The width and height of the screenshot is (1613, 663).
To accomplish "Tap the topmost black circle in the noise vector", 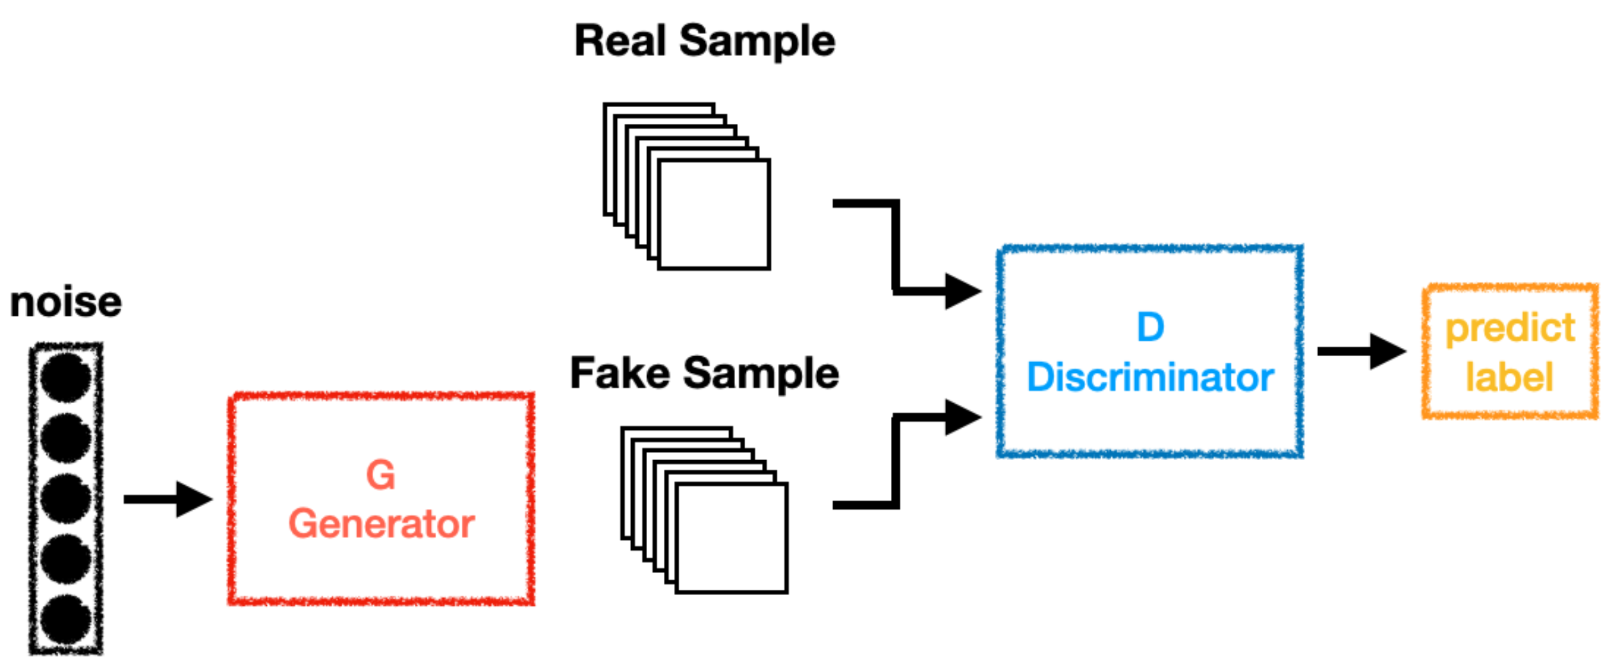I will (x=65, y=377).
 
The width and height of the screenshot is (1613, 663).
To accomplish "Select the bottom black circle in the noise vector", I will (x=65, y=620).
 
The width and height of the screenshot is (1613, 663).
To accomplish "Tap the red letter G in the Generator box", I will (x=380, y=475).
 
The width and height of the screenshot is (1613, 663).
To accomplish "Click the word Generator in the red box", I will (x=382, y=524).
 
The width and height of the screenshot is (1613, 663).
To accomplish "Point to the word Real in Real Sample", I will (x=620, y=41).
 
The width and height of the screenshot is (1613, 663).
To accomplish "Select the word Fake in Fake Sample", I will (x=620, y=374).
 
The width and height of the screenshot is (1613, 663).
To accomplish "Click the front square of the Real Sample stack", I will (x=714, y=214).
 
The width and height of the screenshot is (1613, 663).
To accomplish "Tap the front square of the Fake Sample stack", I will (x=732, y=538).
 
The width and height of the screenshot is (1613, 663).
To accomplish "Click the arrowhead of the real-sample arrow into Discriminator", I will (x=962, y=291).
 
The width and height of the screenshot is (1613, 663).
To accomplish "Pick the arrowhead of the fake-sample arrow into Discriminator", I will (x=962, y=418).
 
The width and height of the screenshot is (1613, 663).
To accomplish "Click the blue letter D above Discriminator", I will (x=1151, y=327).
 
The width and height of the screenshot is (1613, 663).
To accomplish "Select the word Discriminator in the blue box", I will (x=1151, y=377).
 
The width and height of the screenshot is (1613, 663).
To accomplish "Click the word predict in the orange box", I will (x=1510, y=329).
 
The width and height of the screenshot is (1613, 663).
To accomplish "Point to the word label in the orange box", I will (x=1510, y=377).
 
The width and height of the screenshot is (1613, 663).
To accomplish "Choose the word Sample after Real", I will (x=757, y=41).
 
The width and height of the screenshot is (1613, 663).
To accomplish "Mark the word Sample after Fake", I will (x=761, y=374).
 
